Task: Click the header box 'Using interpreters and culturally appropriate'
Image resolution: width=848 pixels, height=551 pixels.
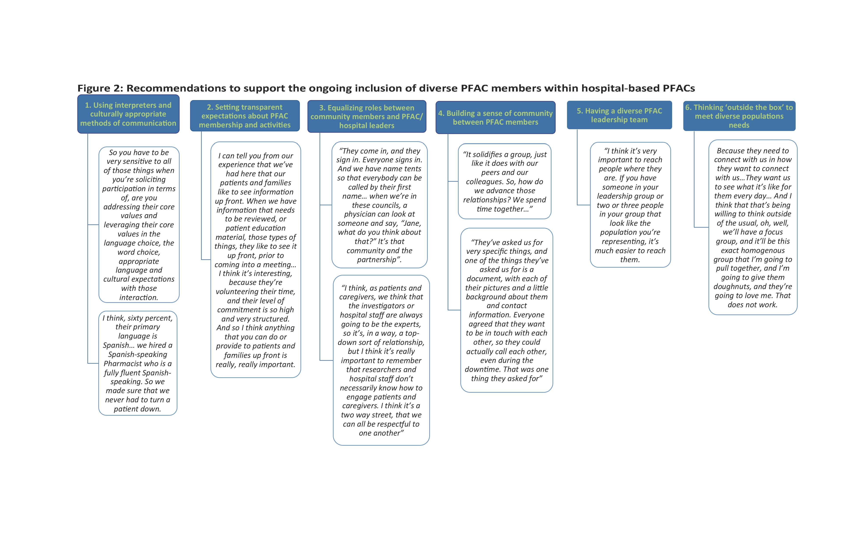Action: pyautogui.click(x=128, y=114)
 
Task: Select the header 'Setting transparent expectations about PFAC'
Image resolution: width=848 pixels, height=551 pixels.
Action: pyautogui.click(x=245, y=116)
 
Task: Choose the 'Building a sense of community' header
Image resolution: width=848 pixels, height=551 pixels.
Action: pyautogui.click(x=495, y=118)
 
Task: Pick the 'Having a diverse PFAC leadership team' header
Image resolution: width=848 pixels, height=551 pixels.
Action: pyautogui.click(x=619, y=115)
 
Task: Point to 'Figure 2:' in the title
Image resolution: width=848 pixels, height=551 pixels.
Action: pyautogui.click(x=100, y=88)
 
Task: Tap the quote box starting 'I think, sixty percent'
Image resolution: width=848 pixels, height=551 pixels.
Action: pyautogui.click(x=138, y=363)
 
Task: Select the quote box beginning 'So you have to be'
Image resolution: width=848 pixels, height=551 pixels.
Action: pyautogui.click(x=139, y=224)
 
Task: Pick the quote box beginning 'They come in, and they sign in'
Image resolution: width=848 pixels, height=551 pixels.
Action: pyautogui.click(x=380, y=205)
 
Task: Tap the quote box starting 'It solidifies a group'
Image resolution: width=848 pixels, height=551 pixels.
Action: pyautogui.click(x=505, y=181)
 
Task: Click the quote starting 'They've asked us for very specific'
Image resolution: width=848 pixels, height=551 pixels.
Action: pyautogui.click(x=506, y=310)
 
